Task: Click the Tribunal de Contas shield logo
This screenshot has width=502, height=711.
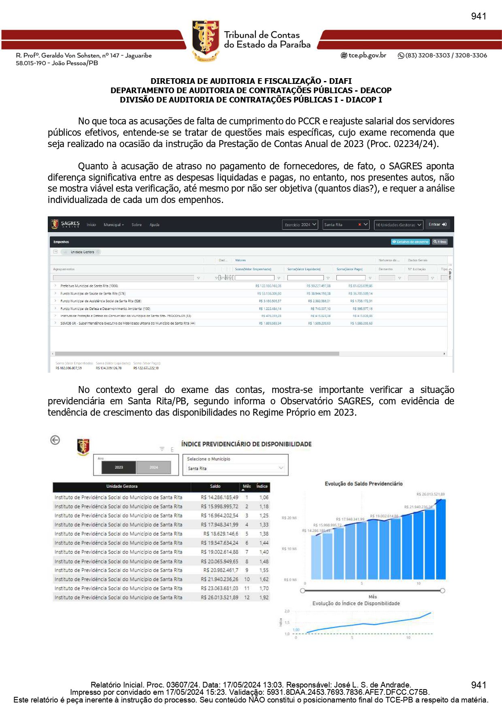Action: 206,40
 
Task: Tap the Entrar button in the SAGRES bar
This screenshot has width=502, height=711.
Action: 438,224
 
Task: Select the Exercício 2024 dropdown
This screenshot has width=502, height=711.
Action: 300,225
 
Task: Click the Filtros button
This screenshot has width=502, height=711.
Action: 440,242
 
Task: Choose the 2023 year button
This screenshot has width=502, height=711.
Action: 119,468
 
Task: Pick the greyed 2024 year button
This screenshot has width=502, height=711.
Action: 153,468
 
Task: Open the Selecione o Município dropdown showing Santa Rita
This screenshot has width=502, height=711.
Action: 235,468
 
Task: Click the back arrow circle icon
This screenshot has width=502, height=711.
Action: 55,440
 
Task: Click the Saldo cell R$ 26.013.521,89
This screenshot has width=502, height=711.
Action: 219,598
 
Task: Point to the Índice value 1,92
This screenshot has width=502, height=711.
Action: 264,598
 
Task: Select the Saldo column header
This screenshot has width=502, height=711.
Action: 215,486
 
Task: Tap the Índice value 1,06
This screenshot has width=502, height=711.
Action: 264,497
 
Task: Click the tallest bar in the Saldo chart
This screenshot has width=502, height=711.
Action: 440,539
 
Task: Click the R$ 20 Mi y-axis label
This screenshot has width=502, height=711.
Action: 289,518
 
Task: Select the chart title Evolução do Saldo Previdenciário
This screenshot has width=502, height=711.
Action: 364,484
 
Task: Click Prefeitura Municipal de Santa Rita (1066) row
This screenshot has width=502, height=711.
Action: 89,286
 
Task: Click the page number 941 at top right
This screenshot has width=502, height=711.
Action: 479,16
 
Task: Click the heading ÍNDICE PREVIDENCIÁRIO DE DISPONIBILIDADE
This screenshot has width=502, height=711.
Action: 246,444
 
